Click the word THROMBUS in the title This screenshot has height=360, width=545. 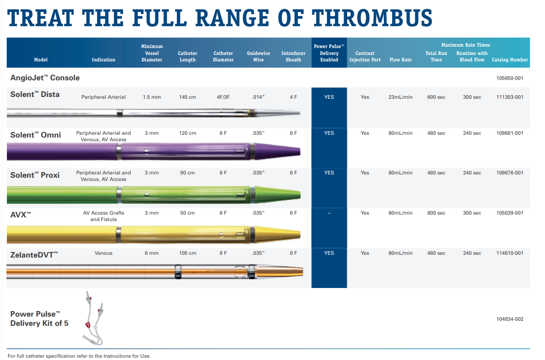click(x=372, y=18)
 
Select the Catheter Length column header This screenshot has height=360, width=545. click(x=188, y=56)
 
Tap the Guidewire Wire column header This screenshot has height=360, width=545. click(x=258, y=56)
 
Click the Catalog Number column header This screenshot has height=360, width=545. click(x=509, y=60)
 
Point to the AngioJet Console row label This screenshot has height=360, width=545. click(x=45, y=78)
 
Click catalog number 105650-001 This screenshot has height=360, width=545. click(x=509, y=78)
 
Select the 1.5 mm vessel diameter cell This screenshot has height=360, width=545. click(x=151, y=97)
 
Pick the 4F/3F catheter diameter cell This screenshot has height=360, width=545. click(x=223, y=97)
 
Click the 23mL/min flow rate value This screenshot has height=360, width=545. click(x=400, y=97)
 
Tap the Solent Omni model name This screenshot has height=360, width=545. click(x=36, y=135)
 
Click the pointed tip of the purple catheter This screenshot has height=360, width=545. click(x=300, y=151)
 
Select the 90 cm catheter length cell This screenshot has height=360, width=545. click(x=188, y=173)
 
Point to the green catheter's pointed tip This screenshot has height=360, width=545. click(x=300, y=194)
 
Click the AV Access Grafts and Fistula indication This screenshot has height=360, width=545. click(x=103, y=216)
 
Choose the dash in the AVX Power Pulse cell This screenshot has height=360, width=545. click(x=329, y=213)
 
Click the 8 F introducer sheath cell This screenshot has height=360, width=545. click(x=293, y=253)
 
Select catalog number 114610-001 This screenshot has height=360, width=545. click(x=509, y=253)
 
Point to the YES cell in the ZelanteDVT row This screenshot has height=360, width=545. click(x=329, y=253)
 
